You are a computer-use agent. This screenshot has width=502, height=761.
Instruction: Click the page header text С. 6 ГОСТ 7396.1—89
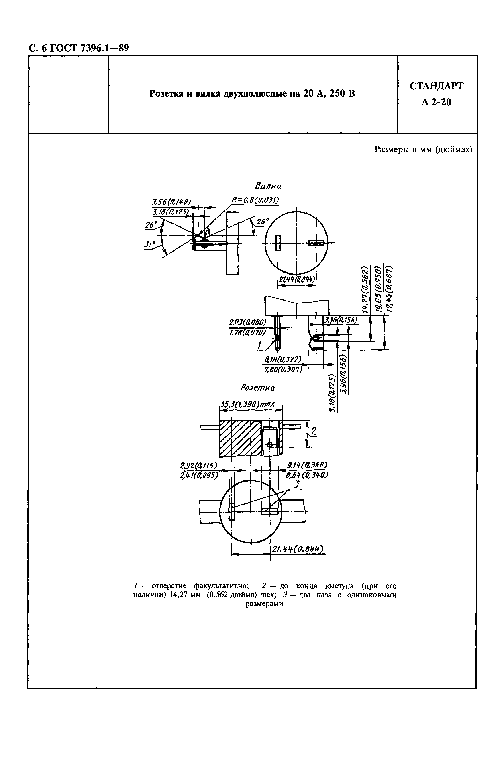[78, 48]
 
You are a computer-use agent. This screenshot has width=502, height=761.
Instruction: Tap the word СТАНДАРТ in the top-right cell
[436, 86]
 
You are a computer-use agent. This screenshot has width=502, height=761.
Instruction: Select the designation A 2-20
[436, 102]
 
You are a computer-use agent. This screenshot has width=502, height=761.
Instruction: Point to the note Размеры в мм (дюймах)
[423, 150]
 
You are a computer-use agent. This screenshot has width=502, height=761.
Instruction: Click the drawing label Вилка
[268, 186]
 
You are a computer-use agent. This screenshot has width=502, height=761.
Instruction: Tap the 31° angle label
[148, 245]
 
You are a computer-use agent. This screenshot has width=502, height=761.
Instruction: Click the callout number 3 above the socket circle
[297, 484]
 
